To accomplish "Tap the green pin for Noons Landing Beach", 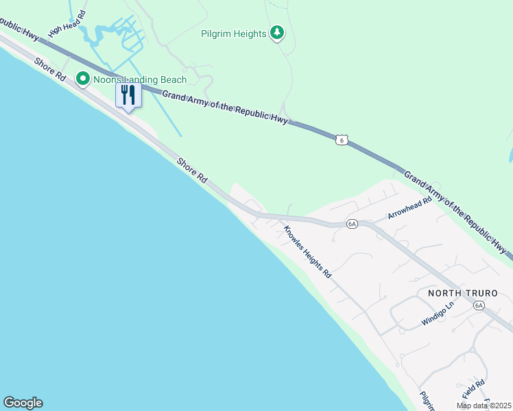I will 83,79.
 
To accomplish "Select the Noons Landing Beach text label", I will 140,80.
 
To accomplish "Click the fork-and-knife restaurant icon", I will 128,95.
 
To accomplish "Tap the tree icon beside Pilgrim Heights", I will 277,32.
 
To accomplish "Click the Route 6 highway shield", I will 342,140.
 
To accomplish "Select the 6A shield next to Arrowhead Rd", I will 352,224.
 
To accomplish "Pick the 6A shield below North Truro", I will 479,306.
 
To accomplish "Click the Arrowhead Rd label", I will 409,208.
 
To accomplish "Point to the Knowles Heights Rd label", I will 308,252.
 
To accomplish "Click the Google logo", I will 23,403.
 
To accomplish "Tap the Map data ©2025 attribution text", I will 483,406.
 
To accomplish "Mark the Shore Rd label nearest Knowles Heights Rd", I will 192,170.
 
